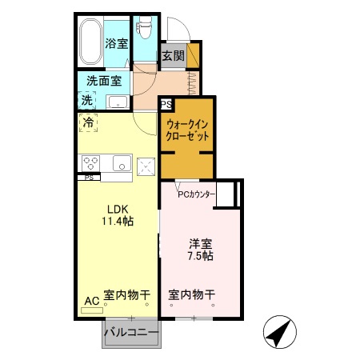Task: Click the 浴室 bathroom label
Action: coord(117,44)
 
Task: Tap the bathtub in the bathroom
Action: coord(90,42)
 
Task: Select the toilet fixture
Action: coord(145,30)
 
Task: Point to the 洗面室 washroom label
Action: coord(104,81)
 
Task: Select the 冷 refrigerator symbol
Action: coord(89,124)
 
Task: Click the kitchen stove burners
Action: coord(90,162)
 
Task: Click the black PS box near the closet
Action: coord(166,104)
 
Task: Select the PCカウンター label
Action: coord(196,194)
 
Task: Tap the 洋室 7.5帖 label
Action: coord(200,250)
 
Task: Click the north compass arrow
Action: coord(279,332)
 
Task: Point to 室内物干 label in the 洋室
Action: coord(192,295)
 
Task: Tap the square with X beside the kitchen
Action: coord(146,166)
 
